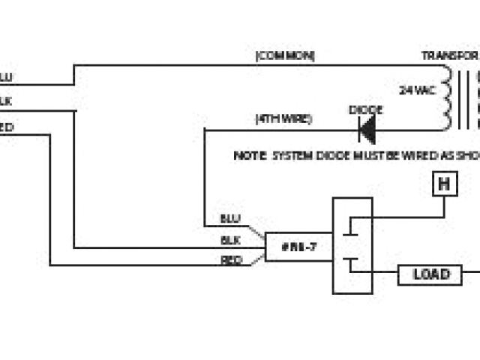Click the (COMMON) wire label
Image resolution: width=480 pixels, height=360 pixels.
pos(285,56)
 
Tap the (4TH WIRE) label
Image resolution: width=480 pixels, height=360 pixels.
pos(283,119)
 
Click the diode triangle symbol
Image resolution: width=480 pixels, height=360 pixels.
pos(367,130)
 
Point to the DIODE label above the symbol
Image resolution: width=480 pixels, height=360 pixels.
pos(366,110)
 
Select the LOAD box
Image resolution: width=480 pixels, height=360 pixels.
pos(431,274)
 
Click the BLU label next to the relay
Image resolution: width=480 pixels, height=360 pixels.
pos(230,218)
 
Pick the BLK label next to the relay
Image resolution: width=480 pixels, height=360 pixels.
pos(230,240)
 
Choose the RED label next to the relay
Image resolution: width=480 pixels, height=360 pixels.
pos(230,260)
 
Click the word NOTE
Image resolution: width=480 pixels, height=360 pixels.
pos(248,156)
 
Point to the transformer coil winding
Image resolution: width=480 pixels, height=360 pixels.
pos(447,96)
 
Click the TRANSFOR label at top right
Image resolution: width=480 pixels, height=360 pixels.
pos(449,56)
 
